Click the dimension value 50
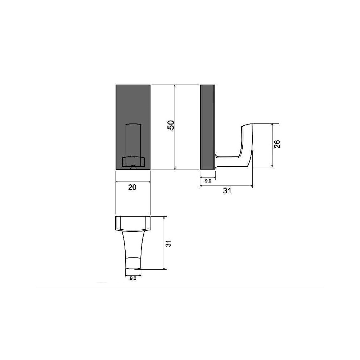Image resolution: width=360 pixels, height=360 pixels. click(x=171, y=125)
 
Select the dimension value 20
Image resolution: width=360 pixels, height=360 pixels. click(x=132, y=187)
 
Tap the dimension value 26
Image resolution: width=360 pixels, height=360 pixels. click(x=277, y=144)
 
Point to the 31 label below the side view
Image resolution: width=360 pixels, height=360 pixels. click(x=227, y=191)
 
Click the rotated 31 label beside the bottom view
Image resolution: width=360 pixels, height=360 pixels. click(x=168, y=244)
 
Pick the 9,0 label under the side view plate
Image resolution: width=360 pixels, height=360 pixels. click(x=208, y=181)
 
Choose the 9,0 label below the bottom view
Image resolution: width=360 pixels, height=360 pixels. click(x=133, y=278)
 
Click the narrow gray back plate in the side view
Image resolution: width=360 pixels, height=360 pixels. click(x=208, y=127)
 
